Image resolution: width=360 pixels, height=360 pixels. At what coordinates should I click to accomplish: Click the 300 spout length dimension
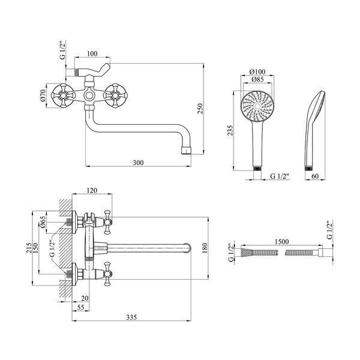138,163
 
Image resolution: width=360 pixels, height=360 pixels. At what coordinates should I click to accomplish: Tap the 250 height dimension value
200,109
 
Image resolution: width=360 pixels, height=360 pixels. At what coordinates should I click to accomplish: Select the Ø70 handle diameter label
43,95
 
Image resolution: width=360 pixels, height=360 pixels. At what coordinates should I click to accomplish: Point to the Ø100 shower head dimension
257,71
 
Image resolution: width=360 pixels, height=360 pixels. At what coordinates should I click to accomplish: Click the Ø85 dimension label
257,79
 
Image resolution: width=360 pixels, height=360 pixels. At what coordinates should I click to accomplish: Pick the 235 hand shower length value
230,130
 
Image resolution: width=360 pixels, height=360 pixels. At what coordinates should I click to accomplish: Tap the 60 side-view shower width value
315,176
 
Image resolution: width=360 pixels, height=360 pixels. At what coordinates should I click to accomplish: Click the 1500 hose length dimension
282,242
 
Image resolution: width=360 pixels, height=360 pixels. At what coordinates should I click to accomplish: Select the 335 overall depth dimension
131,317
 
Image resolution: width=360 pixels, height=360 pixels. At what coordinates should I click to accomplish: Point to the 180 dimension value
205,248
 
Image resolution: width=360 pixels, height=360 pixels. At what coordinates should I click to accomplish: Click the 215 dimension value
29,248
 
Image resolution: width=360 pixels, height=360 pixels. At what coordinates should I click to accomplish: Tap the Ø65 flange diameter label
43,221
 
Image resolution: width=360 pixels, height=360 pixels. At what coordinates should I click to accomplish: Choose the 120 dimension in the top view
92,190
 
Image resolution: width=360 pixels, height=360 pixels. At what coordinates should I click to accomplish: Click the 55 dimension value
80,307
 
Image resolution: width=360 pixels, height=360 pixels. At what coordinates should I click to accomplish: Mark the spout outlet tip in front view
186,151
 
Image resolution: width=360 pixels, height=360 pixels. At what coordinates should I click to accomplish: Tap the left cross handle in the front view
62,95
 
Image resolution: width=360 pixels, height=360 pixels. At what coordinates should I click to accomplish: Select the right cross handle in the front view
115,95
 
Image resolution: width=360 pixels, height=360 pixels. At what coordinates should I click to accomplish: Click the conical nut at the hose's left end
247,253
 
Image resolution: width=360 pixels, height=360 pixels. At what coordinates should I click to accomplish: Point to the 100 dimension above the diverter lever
92,53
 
